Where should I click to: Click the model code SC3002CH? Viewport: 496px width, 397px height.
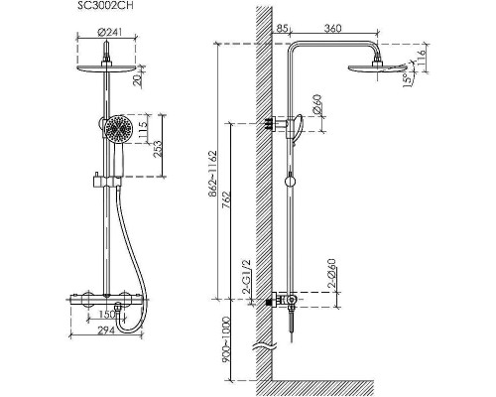[105, 6]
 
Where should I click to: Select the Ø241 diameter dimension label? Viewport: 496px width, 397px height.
[110, 32]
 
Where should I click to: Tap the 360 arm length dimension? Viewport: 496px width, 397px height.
[332, 29]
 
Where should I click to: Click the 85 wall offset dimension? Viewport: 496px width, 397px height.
[282, 29]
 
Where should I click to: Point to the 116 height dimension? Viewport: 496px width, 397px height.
[421, 59]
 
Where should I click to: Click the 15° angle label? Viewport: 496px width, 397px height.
[407, 79]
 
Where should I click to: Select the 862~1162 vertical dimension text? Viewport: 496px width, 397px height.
[212, 174]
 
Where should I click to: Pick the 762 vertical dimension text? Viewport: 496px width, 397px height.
[226, 199]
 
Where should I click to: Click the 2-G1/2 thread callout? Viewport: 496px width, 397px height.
[247, 277]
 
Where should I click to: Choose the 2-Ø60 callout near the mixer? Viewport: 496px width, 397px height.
[331, 273]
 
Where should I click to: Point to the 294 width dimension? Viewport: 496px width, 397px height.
[106, 331]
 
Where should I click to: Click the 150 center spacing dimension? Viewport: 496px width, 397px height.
[107, 315]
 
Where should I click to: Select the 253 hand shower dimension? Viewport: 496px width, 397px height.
[158, 149]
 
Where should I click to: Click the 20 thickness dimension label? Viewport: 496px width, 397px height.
[138, 79]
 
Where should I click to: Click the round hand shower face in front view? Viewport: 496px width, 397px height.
[118, 128]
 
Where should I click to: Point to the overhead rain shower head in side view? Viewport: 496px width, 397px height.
[377, 67]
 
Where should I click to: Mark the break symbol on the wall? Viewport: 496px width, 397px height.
[264, 346]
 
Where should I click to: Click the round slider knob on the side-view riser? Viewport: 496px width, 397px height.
[290, 182]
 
